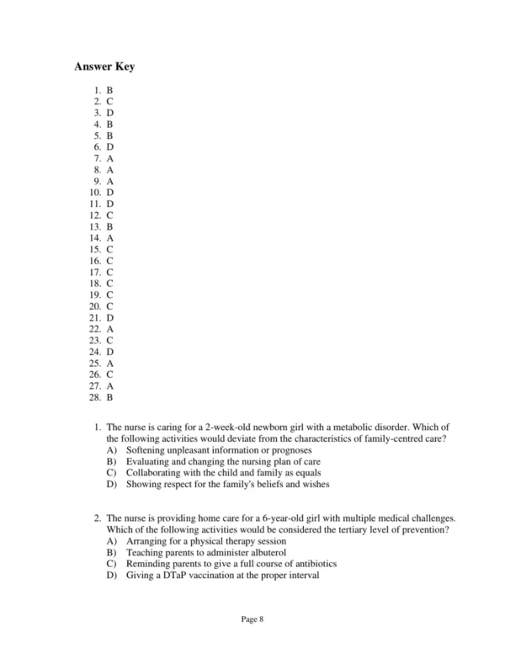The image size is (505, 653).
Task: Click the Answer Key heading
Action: tap(104, 66)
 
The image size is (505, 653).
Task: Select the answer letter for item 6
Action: tap(110, 146)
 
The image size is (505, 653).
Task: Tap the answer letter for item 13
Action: tap(110, 226)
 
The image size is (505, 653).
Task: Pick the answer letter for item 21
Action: tap(110, 317)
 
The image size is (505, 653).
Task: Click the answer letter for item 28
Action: tap(110, 397)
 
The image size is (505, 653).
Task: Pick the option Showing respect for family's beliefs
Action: tap(227, 485)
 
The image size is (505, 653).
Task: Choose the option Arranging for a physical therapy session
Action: tap(206, 541)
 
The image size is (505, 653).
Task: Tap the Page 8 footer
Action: tap(252, 620)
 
